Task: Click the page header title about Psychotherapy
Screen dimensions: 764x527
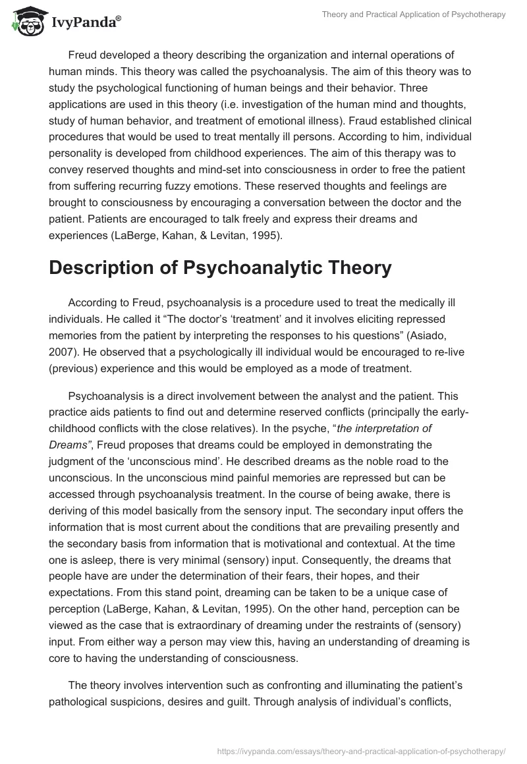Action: pos(413,14)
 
